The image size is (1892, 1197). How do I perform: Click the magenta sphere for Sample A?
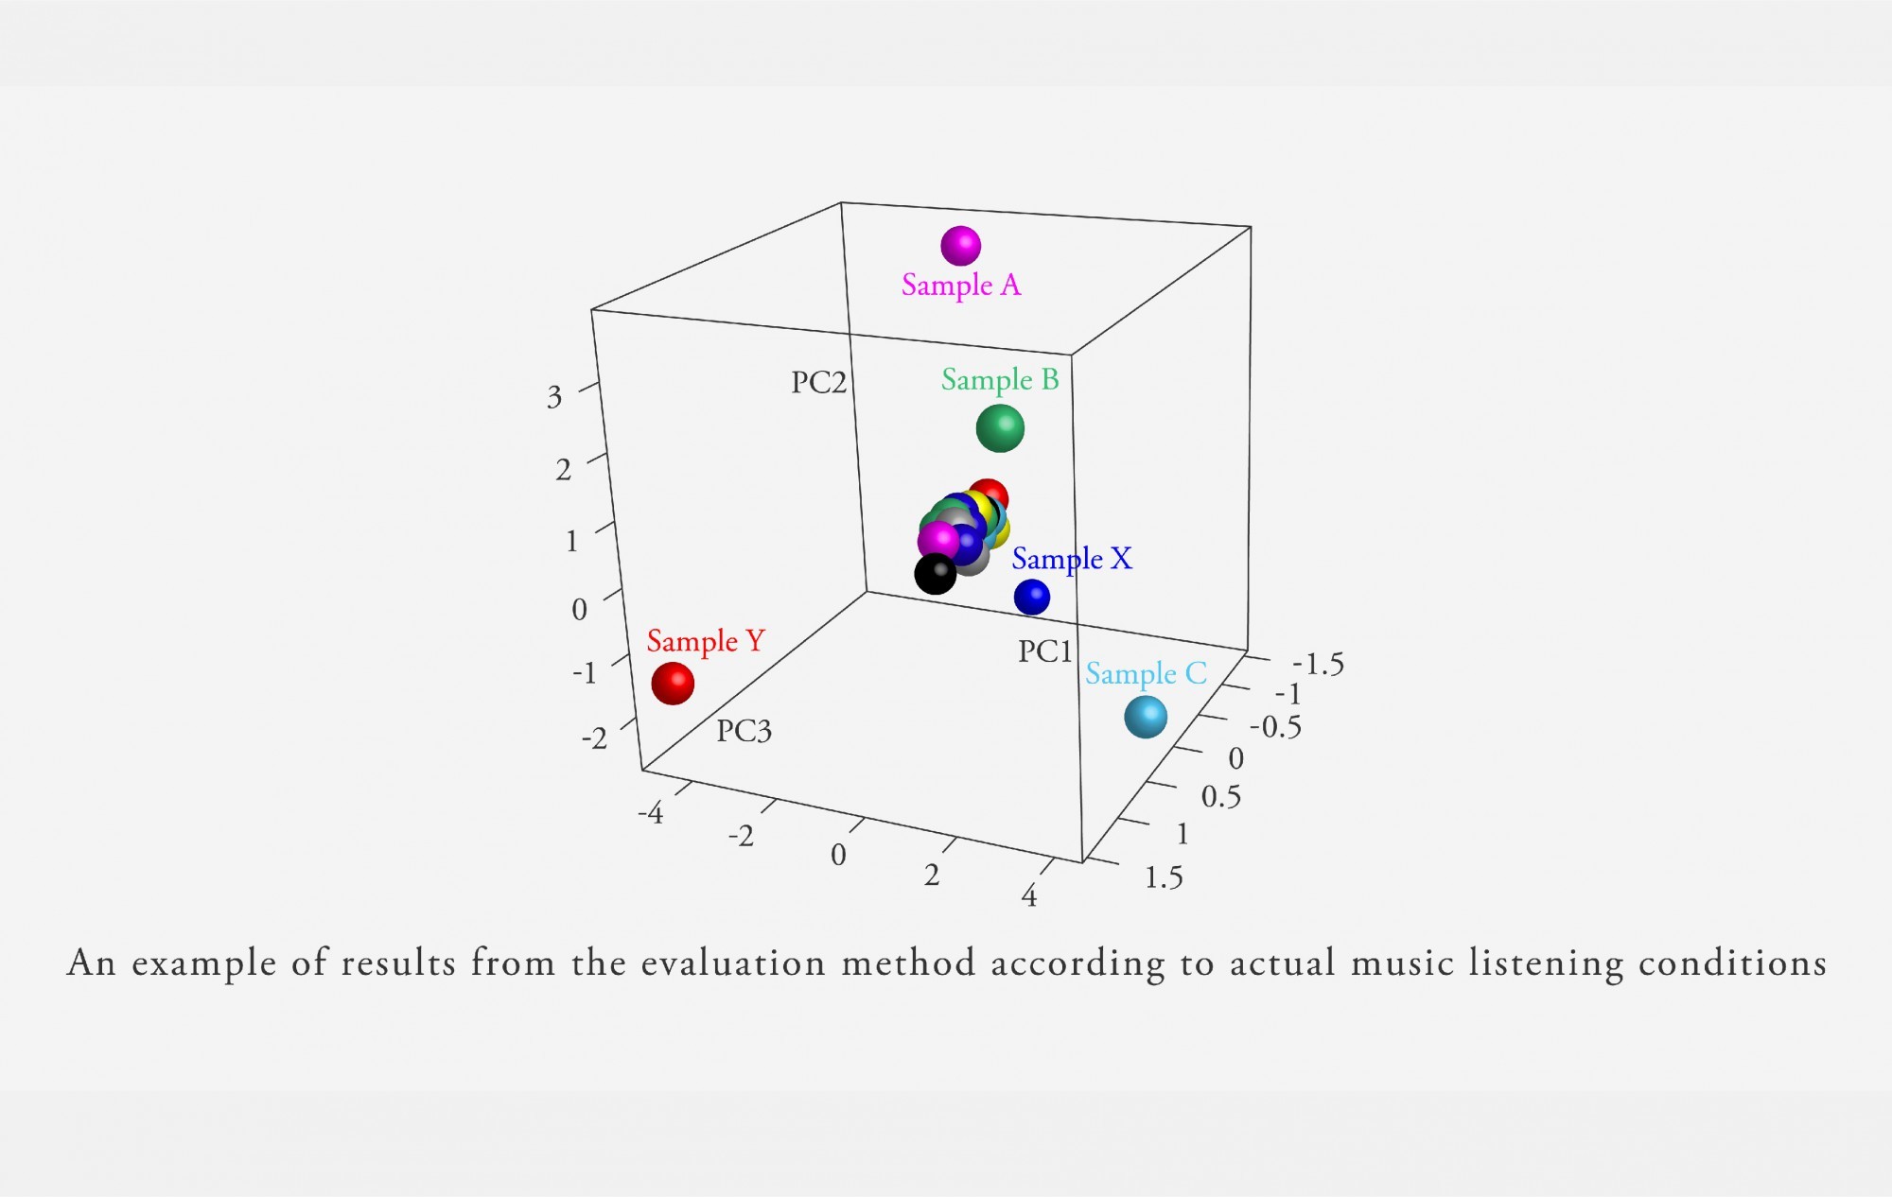(960, 246)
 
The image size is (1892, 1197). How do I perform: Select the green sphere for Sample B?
(1000, 428)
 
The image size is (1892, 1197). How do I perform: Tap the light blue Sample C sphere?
(1146, 717)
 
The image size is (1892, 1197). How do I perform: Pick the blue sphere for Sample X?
(1032, 597)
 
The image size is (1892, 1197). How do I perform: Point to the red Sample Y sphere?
(673, 684)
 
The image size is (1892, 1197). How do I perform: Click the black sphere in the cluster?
(936, 574)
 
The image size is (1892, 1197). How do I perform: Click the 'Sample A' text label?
(961, 285)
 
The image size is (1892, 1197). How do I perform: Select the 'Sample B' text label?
(1000, 380)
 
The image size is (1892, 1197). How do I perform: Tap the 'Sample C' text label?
(1146, 674)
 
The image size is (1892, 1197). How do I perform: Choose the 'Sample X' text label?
(1072, 559)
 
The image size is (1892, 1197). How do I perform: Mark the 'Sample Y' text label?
(706, 641)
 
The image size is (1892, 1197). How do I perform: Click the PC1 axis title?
(1045, 651)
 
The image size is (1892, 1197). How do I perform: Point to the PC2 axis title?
(819, 382)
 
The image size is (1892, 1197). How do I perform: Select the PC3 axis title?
(745, 731)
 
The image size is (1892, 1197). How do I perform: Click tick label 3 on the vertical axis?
(554, 397)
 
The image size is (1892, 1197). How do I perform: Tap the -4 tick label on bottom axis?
(651, 812)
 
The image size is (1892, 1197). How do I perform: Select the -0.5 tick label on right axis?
(1275, 727)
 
